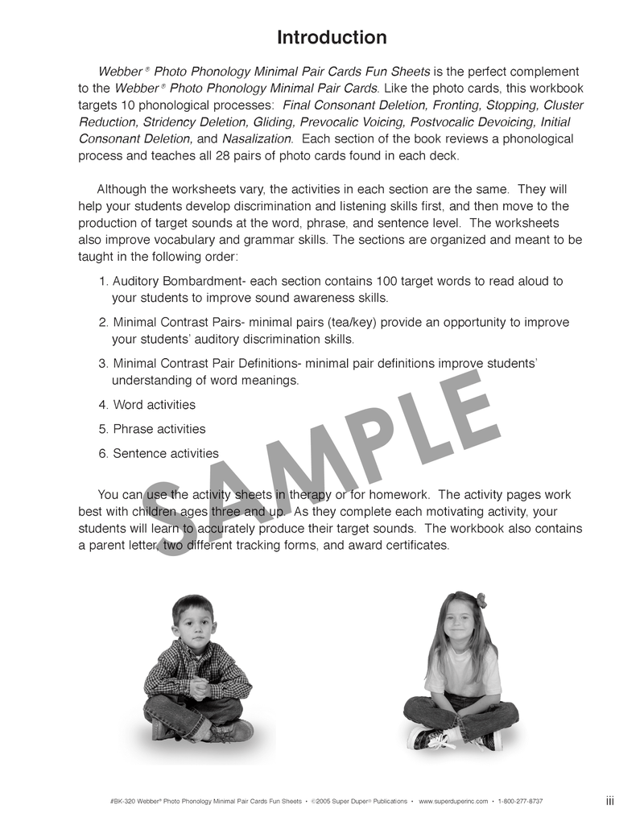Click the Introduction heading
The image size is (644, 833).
click(x=332, y=38)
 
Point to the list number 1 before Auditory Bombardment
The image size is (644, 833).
click(x=103, y=281)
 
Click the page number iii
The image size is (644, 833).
click(x=610, y=801)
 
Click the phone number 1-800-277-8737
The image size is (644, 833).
click(x=521, y=802)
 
